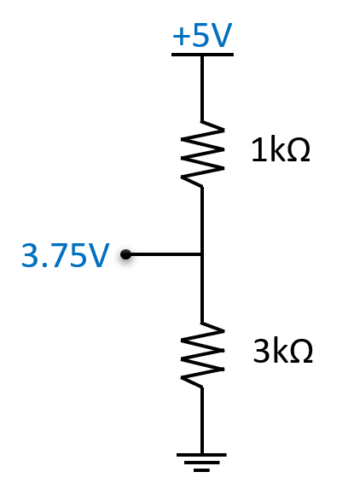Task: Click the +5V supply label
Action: [202, 35]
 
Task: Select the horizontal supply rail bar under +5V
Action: [202, 55]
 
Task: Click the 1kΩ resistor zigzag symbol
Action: [202, 154]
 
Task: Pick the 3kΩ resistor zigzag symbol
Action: [202, 355]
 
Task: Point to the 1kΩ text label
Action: [281, 149]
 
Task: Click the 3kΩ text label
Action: [282, 351]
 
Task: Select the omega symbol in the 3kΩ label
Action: [301, 352]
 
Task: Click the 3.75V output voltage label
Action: [65, 254]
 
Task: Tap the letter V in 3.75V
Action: [98, 255]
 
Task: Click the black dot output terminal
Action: [126, 254]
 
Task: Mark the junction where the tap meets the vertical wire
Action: [202, 254]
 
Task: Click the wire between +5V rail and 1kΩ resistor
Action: [202, 89]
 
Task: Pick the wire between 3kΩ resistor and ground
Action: [202, 421]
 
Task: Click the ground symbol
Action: [201, 462]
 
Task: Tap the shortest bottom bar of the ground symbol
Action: [201, 470]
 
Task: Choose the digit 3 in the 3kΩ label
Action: [261, 351]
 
